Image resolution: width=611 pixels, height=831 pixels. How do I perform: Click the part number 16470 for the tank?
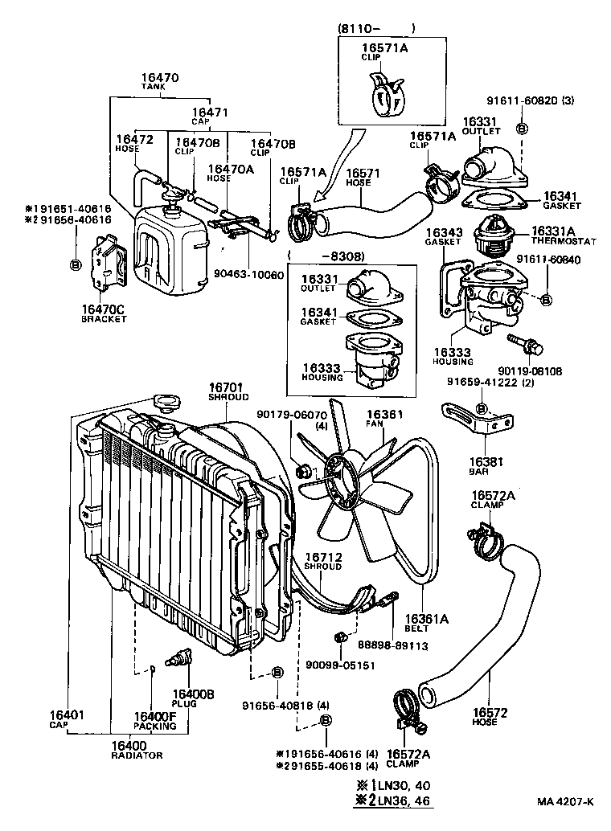pos(159,78)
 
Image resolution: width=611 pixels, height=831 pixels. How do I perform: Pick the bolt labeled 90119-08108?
pos(526,346)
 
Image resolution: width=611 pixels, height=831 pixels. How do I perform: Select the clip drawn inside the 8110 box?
pos(383,93)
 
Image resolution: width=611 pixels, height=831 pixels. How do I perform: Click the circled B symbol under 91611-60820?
pos(522,129)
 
